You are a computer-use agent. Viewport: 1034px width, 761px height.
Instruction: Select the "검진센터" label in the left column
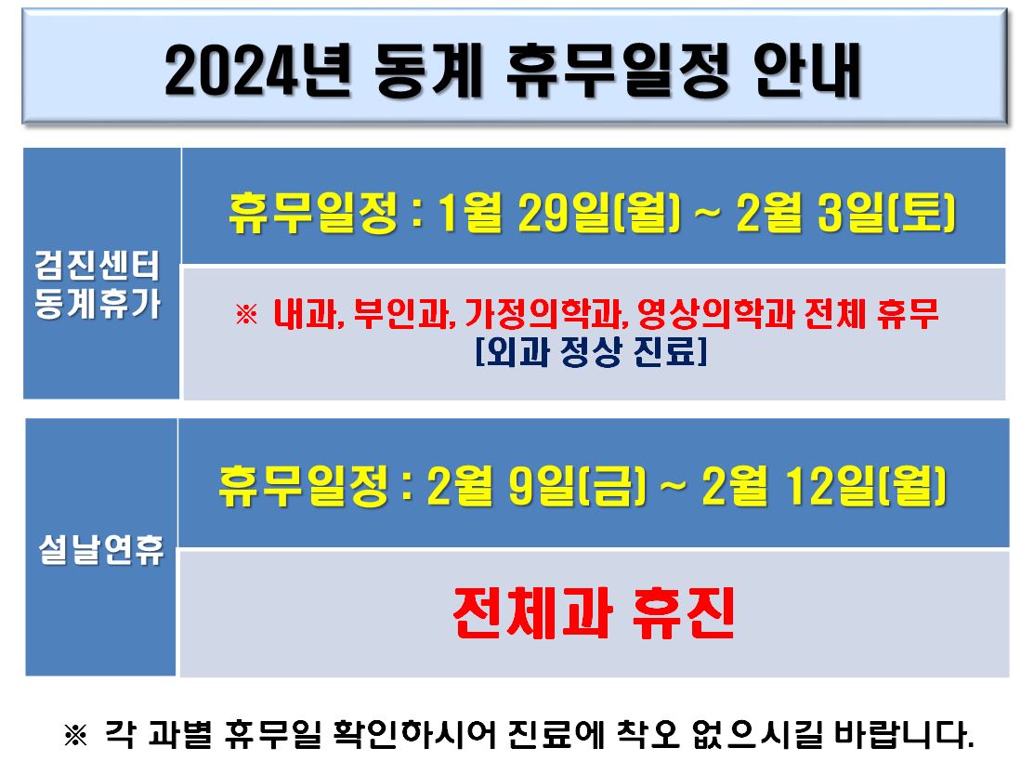[x=98, y=265]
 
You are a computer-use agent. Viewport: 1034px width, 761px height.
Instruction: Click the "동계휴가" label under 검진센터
[x=98, y=303]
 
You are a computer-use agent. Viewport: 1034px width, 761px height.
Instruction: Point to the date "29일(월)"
[x=599, y=213]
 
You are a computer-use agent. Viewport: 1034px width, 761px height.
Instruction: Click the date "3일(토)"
[x=886, y=213]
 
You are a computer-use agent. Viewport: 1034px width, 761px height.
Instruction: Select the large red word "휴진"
[x=683, y=612]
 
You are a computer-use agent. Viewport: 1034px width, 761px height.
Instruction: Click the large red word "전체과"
[x=533, y=612]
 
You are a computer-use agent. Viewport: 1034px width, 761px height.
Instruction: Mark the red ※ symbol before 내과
[x=246, y=314]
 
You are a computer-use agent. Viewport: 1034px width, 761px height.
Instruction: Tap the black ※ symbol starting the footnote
[x=75, y=735]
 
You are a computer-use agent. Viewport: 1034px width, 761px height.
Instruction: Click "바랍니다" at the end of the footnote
[x=904, y=734]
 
